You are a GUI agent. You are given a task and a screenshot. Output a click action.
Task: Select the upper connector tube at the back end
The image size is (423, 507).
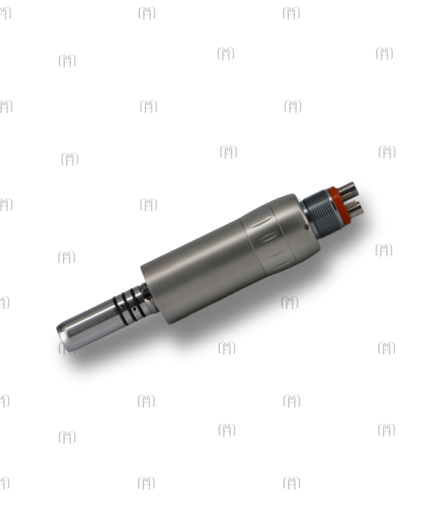(347, 188)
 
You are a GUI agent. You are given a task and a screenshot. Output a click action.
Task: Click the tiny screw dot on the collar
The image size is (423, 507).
(305, 227)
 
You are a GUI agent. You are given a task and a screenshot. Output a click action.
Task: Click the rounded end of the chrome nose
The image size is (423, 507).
(65, 337)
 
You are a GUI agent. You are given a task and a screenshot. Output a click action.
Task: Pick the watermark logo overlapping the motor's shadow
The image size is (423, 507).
(290, 302)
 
